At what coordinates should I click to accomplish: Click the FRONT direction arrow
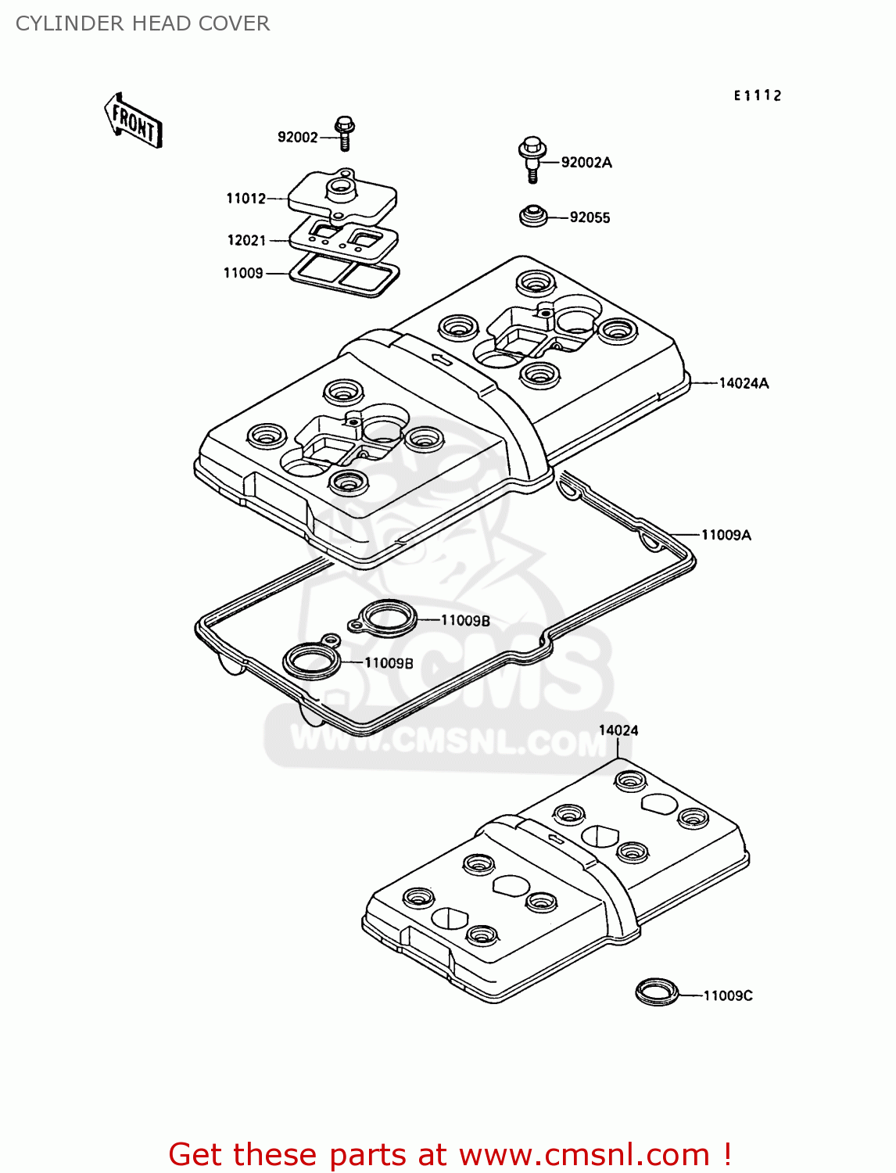pyautogui.click(x=133, y=121)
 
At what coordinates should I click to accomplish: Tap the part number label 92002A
pyautogui.click(x=586, y=163)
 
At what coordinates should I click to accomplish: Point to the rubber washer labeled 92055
pyautogui.click(x=533, y=216)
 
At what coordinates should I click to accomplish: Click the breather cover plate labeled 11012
pyautogui.click(x=342, y=195)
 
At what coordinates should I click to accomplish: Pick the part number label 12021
pyautogui.click(x=246, y=241)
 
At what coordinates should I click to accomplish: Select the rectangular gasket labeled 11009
pyautogui.click(x=344, y=274)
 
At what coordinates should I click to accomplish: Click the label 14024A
pyautogui.click(x=744, y=383)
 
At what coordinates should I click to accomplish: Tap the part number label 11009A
pyautogui.click(x=726, y=535)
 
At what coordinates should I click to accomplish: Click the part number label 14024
pyautogui.click(x=618, y=730)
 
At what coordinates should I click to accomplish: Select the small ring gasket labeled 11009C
pyautogui.click(x=656, y=992)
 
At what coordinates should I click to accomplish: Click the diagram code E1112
pyautogui.click(x=757, y=95)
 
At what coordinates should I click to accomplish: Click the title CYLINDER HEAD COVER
pyautogui.click(x=142, y=23)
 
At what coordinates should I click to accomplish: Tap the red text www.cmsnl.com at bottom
pyautogui.click(x=583, y=1154)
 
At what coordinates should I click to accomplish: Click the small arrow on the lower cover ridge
pyautogui.click(x=556, y=839)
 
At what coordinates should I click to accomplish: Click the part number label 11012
pyautogui.click(x=246, y=199)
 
